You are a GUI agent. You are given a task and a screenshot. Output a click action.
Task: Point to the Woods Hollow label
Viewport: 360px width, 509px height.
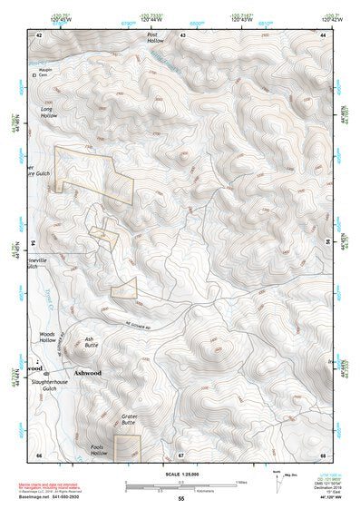coord(47,338)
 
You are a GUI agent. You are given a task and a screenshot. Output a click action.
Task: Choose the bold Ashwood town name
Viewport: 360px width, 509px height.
coord(88,373)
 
